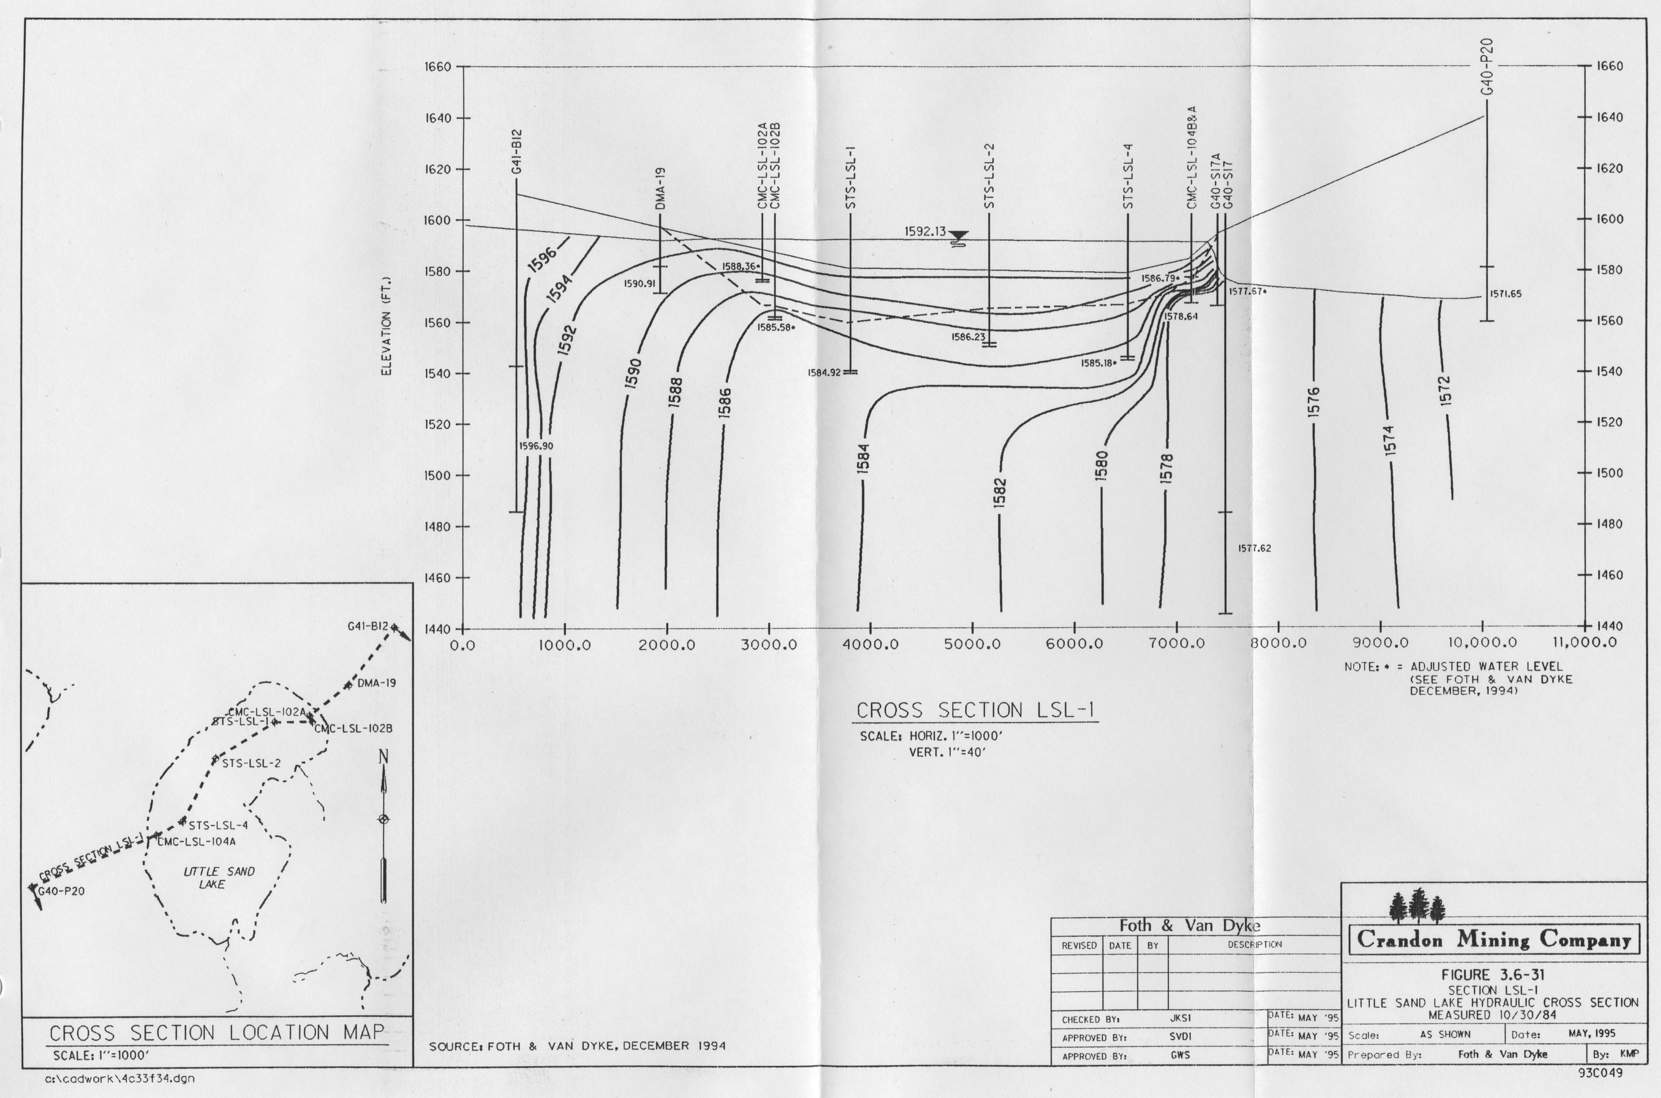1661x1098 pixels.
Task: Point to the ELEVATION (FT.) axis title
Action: [386, 326]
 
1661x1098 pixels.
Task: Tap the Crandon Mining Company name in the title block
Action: [1494, 939]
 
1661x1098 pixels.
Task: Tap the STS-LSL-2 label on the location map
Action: [251, 763]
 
